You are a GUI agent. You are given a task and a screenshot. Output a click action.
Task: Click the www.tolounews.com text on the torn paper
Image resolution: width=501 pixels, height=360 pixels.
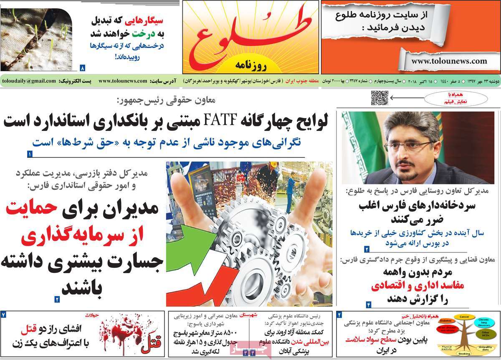point(449,61)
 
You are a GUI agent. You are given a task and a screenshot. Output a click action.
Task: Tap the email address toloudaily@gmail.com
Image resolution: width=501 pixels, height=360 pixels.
point(29,81)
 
